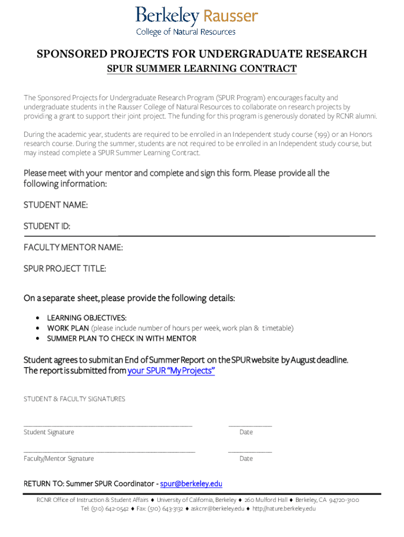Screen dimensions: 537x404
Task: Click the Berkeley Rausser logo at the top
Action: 196,20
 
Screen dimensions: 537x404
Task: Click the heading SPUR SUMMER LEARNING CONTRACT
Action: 202,69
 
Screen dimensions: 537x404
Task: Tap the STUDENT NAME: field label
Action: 56,205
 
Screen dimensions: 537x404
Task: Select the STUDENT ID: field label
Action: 47,226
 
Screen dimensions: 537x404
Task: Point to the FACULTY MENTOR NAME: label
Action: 73,248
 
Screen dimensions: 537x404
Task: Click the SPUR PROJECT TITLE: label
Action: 65,269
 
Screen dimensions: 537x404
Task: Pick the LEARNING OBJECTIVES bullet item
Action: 87,318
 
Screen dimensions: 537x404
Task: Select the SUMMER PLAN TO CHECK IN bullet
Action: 122,339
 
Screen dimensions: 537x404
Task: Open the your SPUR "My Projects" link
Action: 171,371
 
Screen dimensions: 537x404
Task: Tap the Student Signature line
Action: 108,425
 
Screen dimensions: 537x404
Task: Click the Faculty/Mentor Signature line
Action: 109,451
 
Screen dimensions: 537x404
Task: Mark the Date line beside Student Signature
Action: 250,425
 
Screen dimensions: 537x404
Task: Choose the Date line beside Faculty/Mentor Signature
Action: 250,451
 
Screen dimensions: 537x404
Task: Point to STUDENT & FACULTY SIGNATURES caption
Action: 75,399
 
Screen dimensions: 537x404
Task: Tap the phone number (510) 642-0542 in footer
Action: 110,509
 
